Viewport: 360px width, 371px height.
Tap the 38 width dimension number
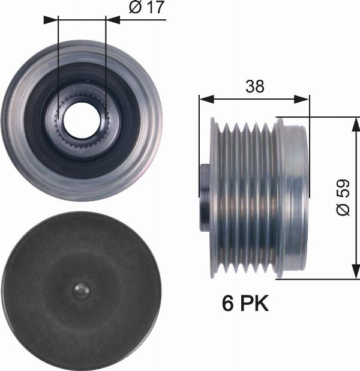(x=254, y=86)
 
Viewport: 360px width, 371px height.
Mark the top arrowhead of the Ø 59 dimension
(x=355, y=122)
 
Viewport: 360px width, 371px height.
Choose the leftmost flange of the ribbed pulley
(x=213, y=198)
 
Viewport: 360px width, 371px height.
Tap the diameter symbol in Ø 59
(x=343, y=210)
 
